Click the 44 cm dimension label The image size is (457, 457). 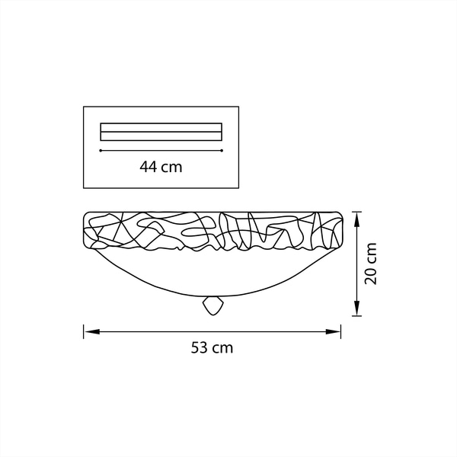point(161,167)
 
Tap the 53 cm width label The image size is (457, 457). point(212,348)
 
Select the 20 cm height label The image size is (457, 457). point(371,264)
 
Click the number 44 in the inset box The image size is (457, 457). point(149,167)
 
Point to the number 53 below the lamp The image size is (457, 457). point(199,348)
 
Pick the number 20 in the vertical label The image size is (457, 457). point(371,276)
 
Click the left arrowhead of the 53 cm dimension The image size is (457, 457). point(92,331)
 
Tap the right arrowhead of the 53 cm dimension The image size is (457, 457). point(333,331)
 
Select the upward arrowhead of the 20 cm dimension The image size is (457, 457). point(356,220)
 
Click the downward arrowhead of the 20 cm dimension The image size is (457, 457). point(356,308)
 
